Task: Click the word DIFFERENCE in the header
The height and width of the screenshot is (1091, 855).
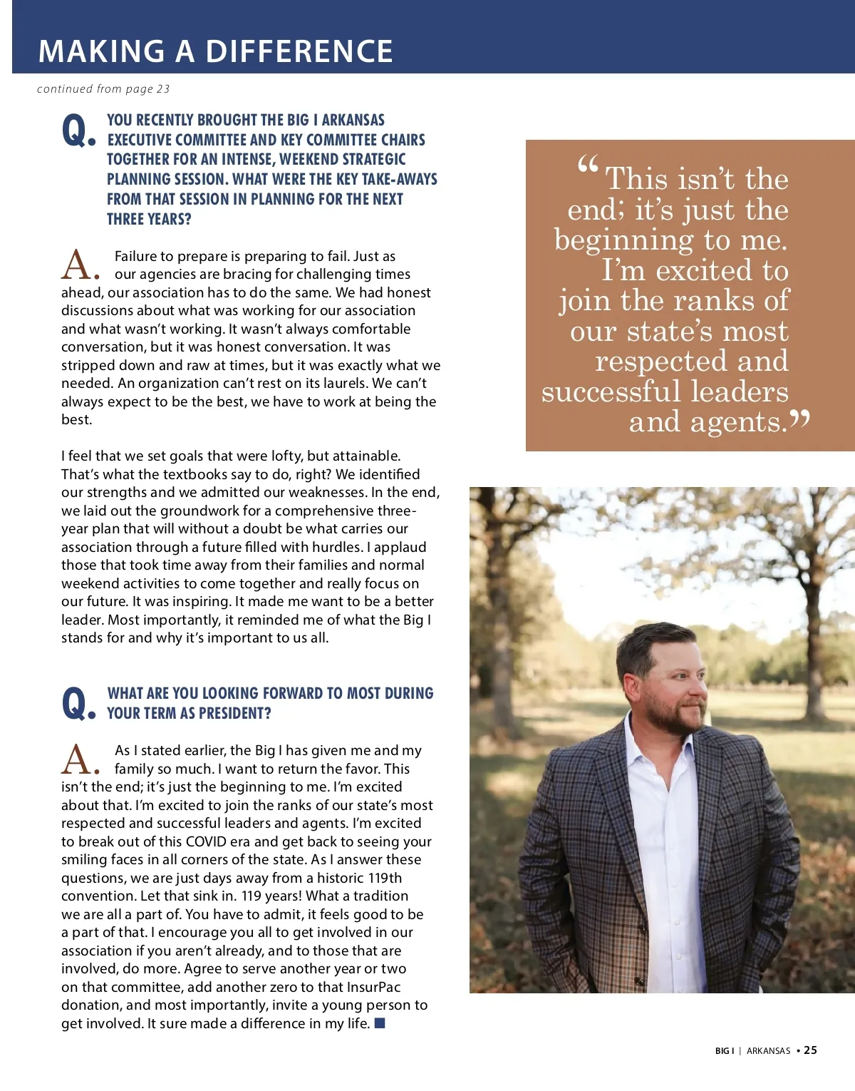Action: coord(299,51)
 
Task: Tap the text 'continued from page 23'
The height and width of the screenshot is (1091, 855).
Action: coord(103,89)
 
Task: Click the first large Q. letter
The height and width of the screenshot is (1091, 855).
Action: coord(78,131)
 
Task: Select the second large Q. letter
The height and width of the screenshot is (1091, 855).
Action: coord(78,704)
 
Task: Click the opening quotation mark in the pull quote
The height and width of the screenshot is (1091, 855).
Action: coord(588,167)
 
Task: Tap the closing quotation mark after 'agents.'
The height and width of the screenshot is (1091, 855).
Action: coord(800,419)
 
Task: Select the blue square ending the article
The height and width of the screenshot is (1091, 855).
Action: coord(380,1023)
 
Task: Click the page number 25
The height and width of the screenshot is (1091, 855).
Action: coord(811,1050)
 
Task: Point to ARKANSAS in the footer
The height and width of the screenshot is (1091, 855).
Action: coord(768,1051)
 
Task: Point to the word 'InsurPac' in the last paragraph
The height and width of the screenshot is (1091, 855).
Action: coord(373,987)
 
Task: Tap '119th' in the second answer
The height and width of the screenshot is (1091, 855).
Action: coord(385,878)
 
